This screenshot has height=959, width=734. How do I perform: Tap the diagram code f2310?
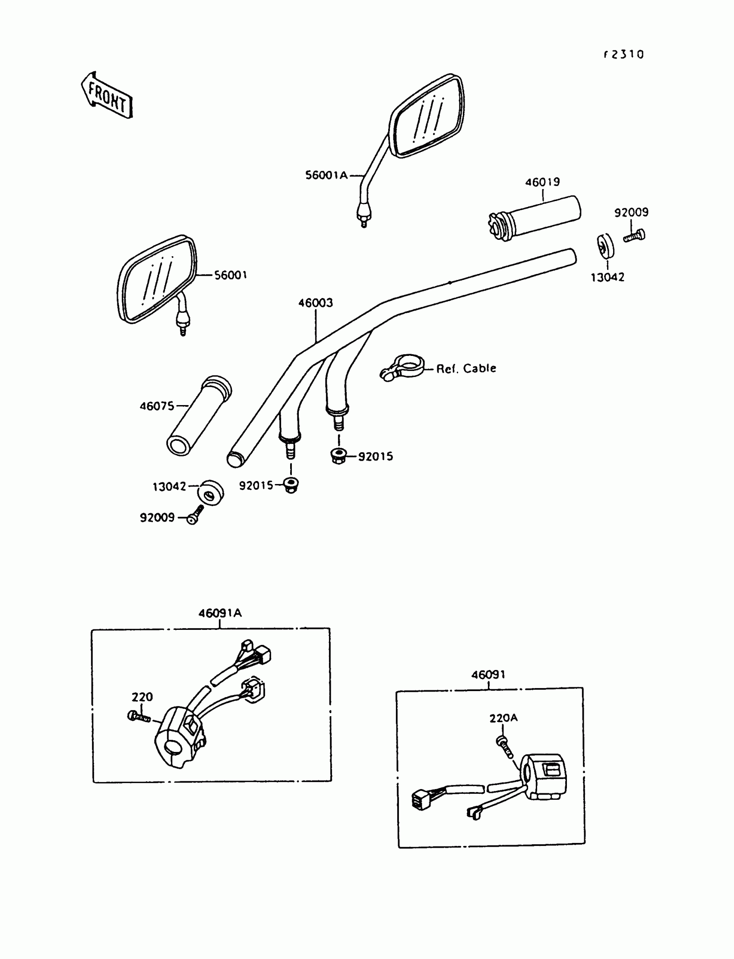624,54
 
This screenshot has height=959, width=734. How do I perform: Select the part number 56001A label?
326,176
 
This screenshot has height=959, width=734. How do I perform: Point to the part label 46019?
542,182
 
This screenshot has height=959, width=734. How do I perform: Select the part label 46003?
316,303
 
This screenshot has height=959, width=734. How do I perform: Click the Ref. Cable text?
466,369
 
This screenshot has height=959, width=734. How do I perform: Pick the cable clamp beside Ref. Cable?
402,367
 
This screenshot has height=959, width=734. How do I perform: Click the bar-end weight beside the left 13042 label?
211,493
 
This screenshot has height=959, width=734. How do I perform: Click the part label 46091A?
220,613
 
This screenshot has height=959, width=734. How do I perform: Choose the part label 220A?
503,718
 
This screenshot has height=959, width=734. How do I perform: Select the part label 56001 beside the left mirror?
230,275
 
